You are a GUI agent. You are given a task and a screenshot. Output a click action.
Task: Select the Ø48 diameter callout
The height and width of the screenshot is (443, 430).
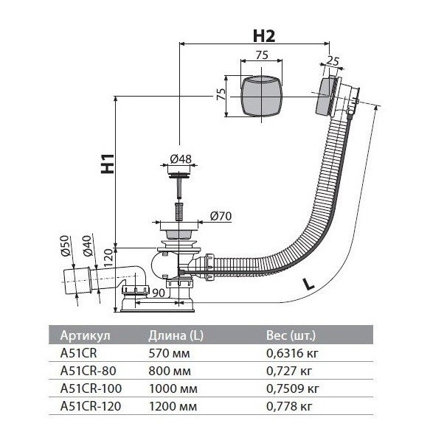tap(180, 159)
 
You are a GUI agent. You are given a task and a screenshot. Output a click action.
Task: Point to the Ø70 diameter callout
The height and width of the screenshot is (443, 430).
tap(222, 216)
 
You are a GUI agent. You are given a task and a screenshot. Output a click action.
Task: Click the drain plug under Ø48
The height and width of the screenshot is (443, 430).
tap(178, 175)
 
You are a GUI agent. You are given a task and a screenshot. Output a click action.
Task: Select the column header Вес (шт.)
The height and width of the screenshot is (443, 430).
tap(292, 335)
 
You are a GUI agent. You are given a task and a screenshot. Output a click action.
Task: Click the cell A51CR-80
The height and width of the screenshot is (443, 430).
tap(87, 369)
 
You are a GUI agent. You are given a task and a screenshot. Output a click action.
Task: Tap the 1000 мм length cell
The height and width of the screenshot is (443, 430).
tap(171, 387)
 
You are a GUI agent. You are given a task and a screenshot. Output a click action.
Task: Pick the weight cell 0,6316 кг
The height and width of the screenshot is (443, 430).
tap(292, 352)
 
